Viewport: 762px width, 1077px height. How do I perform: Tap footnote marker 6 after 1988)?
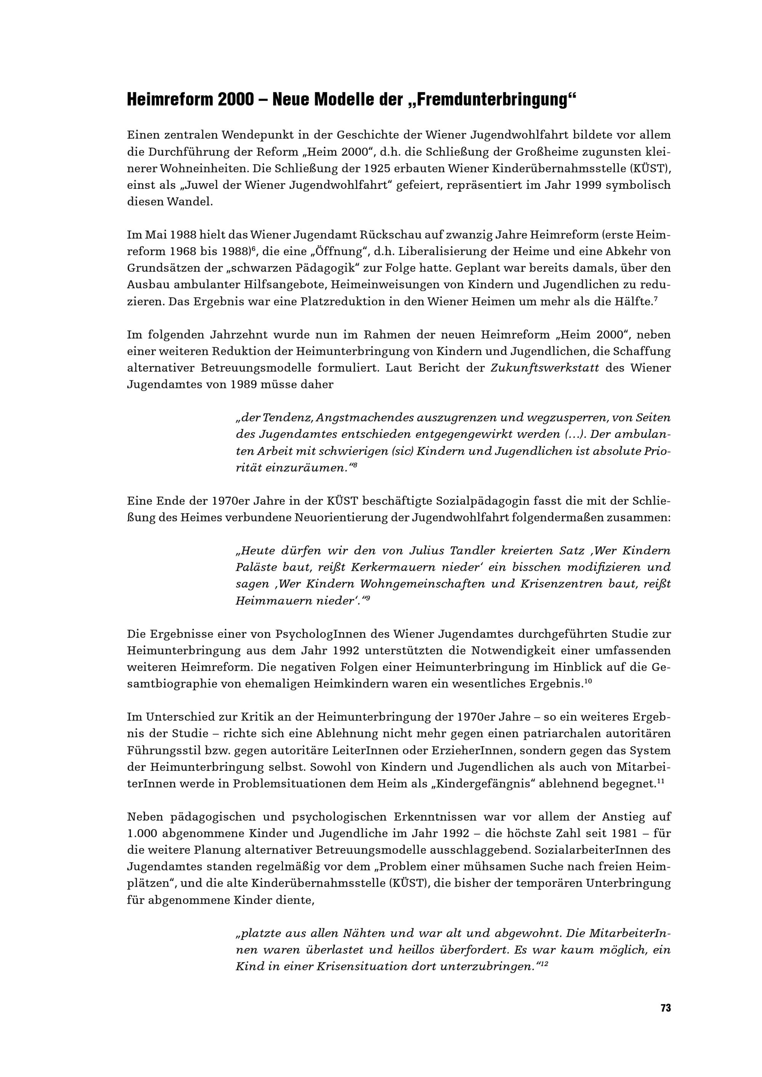[253, 248]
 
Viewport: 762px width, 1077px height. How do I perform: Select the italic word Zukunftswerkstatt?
[544, 368]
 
